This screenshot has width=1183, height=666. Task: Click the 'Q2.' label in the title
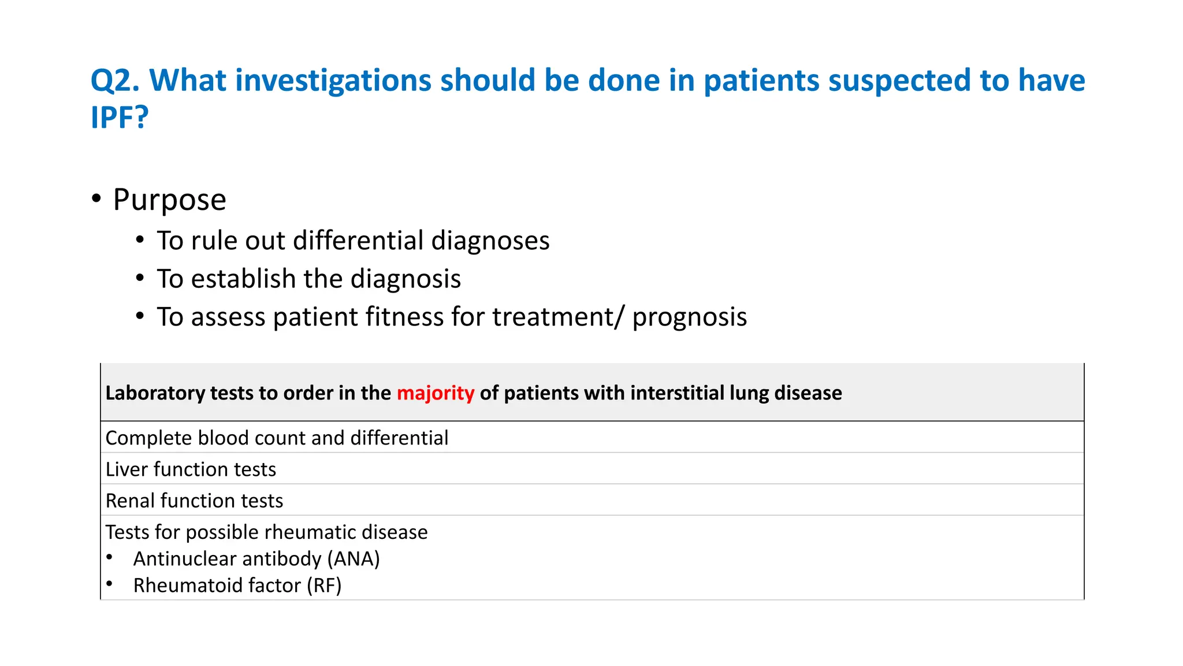115,80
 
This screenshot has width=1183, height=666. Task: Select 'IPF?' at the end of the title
120,117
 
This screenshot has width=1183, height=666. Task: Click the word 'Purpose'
169,200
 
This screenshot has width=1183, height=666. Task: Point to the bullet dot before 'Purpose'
96,199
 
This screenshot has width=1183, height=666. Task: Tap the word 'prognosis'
689,317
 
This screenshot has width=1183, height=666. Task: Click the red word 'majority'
436,393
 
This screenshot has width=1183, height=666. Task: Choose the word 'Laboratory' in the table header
155,393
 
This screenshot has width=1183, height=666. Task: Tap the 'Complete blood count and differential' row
277,438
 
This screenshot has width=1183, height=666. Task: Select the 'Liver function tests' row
191,469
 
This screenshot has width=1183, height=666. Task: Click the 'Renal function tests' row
194,501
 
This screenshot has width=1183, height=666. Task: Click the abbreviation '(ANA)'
354,559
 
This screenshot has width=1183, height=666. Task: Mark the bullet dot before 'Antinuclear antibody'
109,557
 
